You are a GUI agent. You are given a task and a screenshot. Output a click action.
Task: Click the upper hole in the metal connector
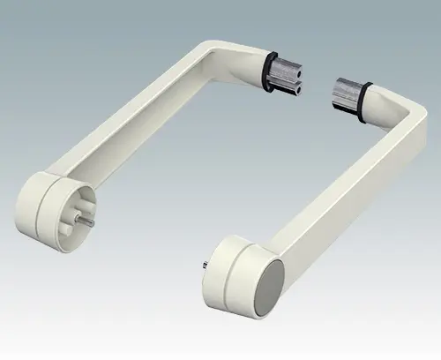[299, 71]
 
